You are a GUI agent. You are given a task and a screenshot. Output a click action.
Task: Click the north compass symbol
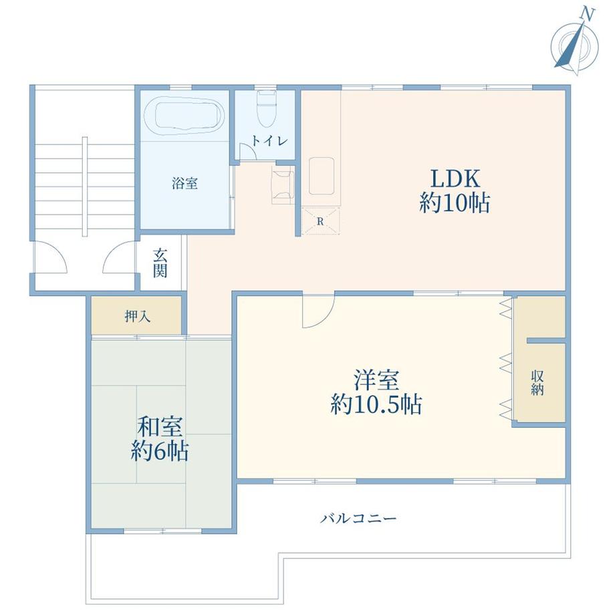575,44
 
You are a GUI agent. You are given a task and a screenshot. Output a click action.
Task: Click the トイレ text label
270,141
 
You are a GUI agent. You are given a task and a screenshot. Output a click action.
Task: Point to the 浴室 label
184,182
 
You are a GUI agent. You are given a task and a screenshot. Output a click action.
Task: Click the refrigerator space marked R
320,221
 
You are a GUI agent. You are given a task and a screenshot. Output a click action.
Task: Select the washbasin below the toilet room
283,184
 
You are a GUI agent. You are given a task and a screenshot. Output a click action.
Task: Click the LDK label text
455,178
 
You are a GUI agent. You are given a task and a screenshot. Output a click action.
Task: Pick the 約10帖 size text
455,203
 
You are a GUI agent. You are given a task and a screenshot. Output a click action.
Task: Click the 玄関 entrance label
160,263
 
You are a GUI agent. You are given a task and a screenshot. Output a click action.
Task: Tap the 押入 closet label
137,316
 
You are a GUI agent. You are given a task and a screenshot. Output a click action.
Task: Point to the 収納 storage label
537,383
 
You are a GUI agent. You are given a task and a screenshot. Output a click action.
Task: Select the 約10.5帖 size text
376,404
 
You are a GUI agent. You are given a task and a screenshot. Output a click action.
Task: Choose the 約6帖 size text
160,451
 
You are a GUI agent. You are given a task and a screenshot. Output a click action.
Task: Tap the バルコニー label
358,519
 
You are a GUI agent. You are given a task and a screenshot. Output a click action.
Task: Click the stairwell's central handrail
85,187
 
